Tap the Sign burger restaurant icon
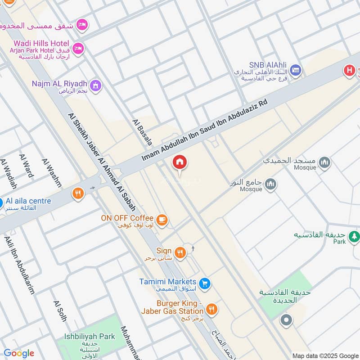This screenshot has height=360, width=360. click(180, 252)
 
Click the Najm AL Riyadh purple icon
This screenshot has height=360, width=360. click(95, 85)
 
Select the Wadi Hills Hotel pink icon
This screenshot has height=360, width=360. click(78, 48)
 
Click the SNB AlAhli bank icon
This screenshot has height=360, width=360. click(295, 70)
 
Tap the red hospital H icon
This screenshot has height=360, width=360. click(349, 70)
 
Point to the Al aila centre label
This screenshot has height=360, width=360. click(28, 201)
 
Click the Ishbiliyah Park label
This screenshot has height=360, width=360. click(89, 336)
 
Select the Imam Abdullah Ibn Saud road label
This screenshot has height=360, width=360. click(205, 130)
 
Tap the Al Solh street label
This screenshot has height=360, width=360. click(60, 311)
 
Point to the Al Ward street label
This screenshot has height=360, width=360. click(27, 165)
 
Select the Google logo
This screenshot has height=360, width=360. click(18, 353)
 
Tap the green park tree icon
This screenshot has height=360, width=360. click(355, 236)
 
